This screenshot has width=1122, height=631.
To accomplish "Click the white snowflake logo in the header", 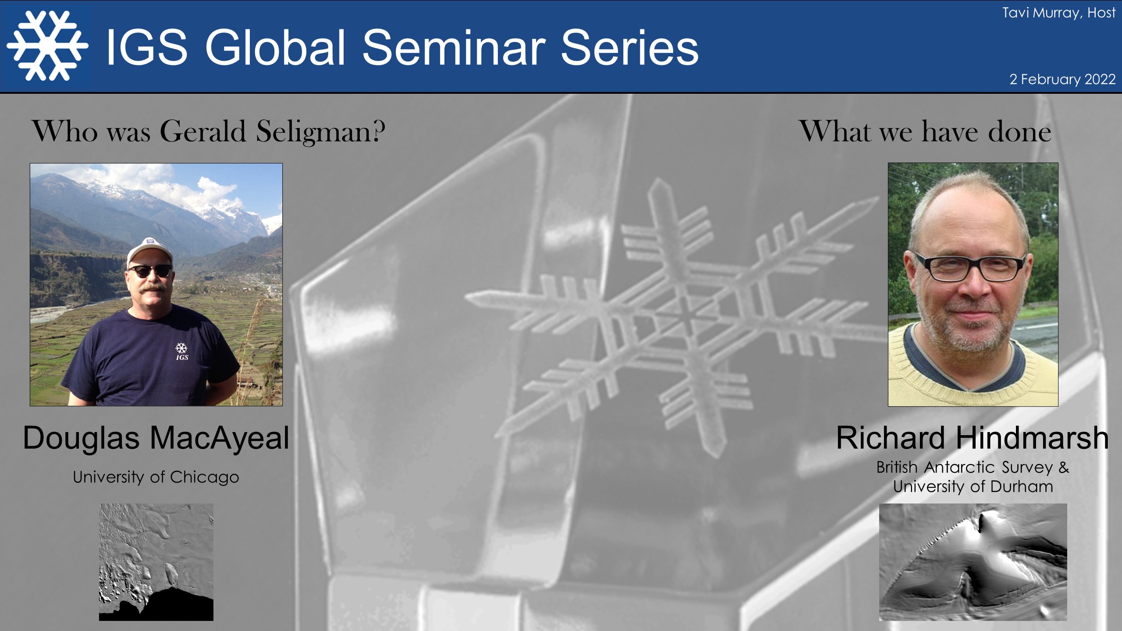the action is coord(47,46).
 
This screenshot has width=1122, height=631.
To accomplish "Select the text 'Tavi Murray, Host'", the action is coord(1058,13).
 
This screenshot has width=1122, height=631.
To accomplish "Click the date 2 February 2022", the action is coord(1062,79).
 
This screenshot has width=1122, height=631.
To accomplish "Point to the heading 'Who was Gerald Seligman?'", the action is coord(208,131).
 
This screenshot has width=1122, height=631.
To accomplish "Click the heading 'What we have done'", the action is coord(925,131).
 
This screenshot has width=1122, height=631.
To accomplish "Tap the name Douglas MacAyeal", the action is coord(156,438).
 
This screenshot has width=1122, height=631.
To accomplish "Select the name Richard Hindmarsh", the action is coord(972,438).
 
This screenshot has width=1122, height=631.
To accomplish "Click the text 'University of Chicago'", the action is coord(156,477).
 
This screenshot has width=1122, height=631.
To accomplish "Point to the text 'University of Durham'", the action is coord(973,486).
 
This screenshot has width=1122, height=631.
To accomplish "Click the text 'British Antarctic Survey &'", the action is coord(973,468).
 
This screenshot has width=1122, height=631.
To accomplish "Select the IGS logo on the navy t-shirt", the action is coord(181,351).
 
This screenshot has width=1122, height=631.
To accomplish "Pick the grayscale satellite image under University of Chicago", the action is coord(156,562).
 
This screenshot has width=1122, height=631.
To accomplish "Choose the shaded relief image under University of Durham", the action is coord(973,562).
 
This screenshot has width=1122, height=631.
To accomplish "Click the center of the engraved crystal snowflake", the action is coord(684,315).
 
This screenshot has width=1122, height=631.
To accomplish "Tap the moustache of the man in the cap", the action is coord(151,287).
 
